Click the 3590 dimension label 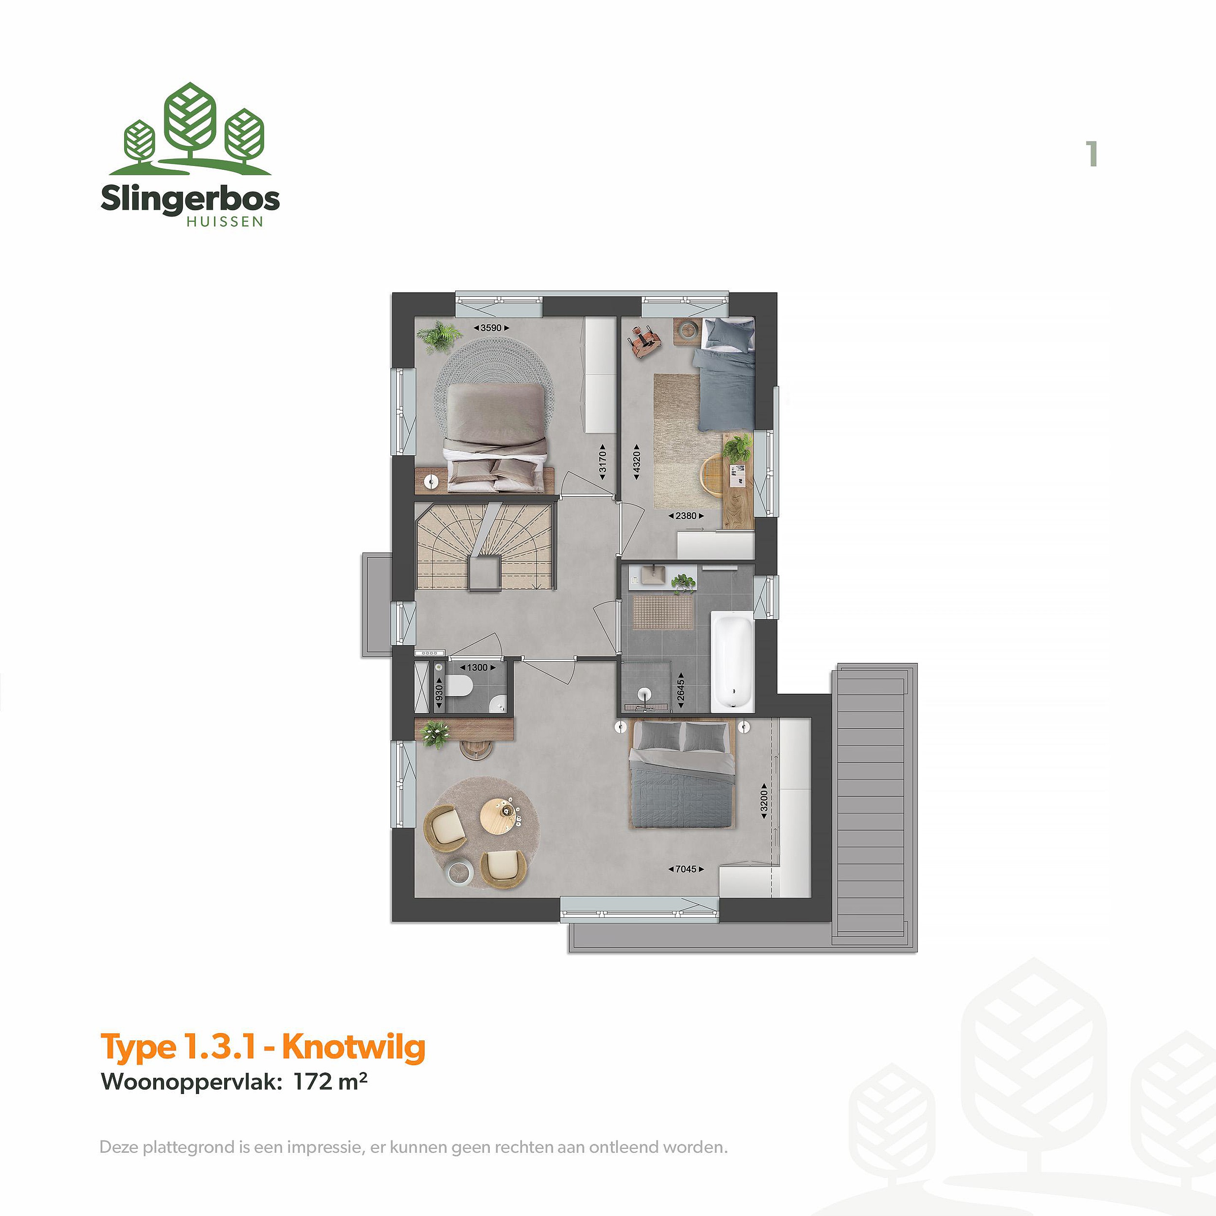click(x=491, y=328)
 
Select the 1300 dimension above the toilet click(x=478, y=667)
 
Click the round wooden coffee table click(x=498, y=816)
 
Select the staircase click(x=485, y=545)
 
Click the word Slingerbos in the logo click(x=190, y=199)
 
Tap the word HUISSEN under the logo click(x=225, y=222)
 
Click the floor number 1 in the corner click(x=1092, y=154)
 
